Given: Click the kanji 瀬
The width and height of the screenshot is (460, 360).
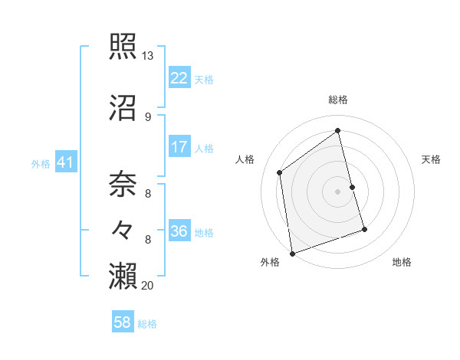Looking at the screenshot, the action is coord(123,274).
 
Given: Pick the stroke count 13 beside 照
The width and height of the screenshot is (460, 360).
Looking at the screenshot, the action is coord(147,57).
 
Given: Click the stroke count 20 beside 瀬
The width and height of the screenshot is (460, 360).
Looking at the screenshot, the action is coord(147,286).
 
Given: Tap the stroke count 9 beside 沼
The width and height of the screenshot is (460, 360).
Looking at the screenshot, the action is coord(147,116).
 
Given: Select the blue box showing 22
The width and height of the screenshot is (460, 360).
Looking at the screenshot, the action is coord(179,78).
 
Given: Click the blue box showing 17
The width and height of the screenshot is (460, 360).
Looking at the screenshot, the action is coord(179,147).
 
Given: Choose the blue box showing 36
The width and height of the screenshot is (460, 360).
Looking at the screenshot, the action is coord(179,232).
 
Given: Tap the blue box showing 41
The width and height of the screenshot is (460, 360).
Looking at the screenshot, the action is coord(65,162).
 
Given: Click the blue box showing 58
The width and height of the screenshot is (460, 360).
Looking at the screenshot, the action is coord(123,323).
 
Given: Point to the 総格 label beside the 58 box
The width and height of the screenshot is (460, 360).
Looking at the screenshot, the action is coord(147,325).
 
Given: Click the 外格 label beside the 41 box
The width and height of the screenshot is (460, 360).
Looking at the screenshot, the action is coord(41,163).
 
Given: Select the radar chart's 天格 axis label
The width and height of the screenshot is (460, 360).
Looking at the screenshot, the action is coord(432,159).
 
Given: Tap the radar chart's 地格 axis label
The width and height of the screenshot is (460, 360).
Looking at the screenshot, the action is coord(402,262).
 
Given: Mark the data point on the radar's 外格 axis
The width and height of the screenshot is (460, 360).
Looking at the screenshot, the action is coord(292,254).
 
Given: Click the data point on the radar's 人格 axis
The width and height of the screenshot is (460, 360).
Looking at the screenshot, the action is coord(280,172).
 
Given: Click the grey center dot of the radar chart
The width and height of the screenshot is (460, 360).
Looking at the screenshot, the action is coord(338,191).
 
